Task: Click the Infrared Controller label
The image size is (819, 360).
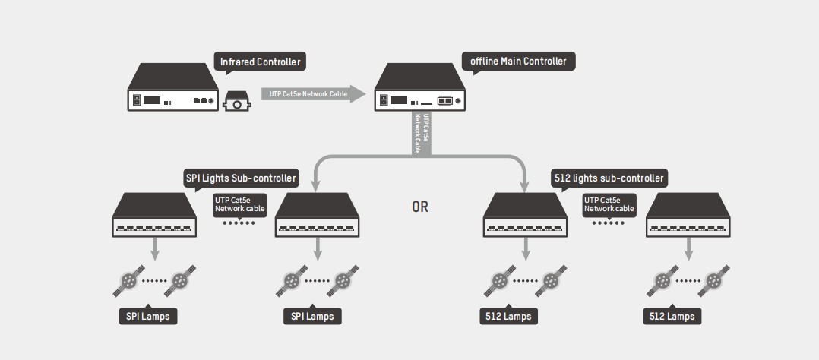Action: point(261,62)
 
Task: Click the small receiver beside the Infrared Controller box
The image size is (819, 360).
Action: point(237,101)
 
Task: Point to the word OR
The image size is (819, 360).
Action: point(419,207)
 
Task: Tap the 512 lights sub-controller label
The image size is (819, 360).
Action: point(608,178)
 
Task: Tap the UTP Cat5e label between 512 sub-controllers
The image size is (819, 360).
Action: point(609,204)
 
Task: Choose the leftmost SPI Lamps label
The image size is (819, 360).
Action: point(148,316)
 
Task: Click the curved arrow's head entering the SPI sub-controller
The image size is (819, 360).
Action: point(313,187)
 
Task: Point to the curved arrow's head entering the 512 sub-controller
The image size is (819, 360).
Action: point(525,187)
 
